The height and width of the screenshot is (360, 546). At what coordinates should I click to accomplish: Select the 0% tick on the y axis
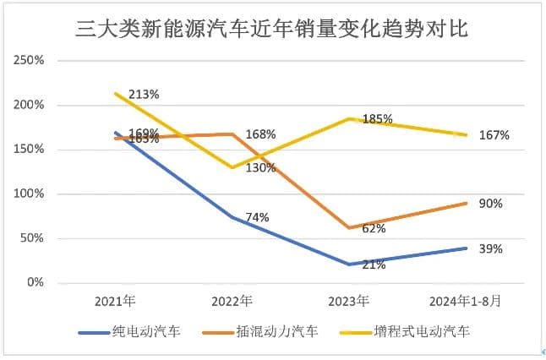(x=35, y=282)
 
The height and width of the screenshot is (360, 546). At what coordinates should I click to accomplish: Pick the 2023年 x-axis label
(x=349, y=301)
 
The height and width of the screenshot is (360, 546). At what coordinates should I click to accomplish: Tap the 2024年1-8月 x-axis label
(x=466, y=301)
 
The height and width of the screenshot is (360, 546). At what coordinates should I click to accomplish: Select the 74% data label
(x=257, y=217)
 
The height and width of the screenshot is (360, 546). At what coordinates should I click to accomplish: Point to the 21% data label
(x=374, y=265)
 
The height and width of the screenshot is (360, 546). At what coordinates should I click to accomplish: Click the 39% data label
(x=491, y=248)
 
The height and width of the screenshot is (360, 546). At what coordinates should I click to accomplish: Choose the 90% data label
(x=491, y=204)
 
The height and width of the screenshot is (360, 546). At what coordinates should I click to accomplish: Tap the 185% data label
(x=377, y=119)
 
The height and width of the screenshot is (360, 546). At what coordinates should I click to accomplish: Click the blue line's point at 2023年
(x=349, y=264)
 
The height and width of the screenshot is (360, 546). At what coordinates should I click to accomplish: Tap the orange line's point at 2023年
(x=349, y=227)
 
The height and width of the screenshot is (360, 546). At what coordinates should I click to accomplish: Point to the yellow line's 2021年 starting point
(x=115, y=93)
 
